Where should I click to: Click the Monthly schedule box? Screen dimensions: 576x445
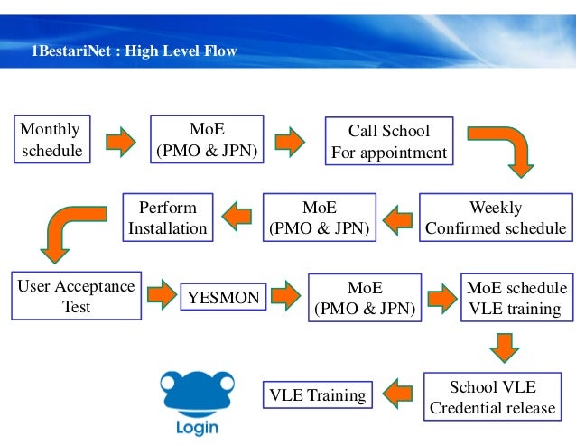pos(52,139)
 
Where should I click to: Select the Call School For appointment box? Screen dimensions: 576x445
pos(389,141)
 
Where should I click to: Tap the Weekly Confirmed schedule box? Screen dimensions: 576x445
pos(496,218)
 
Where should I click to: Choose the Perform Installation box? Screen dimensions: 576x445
pos(168,218)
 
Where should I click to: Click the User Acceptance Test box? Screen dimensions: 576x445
pos(77,295)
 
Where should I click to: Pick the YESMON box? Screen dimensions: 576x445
pos(223,297)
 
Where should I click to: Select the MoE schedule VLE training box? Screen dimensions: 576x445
pos(516,297)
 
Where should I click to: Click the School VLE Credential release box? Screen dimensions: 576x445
pos(493,396)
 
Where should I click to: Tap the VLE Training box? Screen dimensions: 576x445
pos(318,394)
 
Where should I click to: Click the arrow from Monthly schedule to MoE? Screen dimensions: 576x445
pos(120,142)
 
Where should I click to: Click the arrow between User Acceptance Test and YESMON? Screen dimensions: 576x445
pos(162,294)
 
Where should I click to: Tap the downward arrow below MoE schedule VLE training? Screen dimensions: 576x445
pos(505,348)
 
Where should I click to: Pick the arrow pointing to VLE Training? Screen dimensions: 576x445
pos(397,394)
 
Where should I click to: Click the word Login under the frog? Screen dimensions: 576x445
pos(197,428)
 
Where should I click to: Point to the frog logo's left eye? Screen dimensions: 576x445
pos(168,383)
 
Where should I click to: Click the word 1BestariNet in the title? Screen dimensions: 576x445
pos(71,51)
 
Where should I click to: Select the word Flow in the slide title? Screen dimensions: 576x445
pos(220,51)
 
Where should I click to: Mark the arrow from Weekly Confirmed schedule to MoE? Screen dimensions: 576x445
pos(397,220)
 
